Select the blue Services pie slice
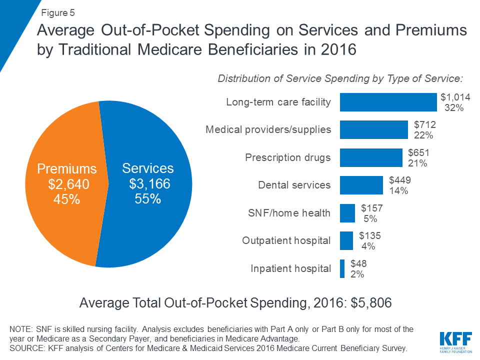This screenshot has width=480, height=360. click(x=150, y=225)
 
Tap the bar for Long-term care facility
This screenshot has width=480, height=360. click(x=388, y=102)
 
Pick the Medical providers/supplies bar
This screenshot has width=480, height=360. click(x=373, y=129)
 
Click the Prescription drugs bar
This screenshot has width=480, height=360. click(x=371, y=157)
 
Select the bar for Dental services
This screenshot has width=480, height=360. click(x=361, y=185)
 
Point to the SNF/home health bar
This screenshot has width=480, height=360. click(x=347, y=213)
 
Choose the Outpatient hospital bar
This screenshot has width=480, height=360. click(x=346, y=240)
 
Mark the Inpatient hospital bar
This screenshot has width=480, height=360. click(x=342, y=268)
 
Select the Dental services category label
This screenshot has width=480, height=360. click(x=294, y=185)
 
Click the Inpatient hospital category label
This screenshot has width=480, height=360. click(x=290, y=268)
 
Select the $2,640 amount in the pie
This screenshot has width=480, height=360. click(x=68, y=184)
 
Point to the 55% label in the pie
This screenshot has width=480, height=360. click(x=147, y=198)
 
